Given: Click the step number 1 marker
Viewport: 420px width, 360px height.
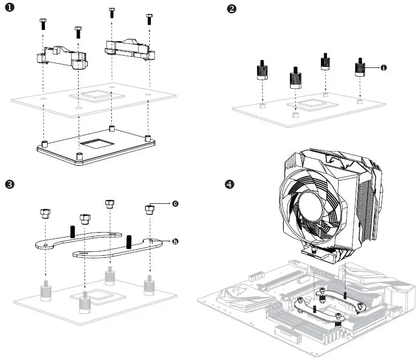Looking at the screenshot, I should coord(10,9).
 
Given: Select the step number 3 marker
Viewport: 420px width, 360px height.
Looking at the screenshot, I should coord(9,185).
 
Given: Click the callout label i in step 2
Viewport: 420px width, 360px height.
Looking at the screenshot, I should coord(384,68).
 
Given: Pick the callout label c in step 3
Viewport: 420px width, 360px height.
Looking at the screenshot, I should coord(174,204).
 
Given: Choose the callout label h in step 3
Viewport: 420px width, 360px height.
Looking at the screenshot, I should coord(174,241).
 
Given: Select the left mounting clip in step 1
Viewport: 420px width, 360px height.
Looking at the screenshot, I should coord(62,57).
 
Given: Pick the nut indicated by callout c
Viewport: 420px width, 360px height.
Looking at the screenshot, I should coord(150,209).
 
